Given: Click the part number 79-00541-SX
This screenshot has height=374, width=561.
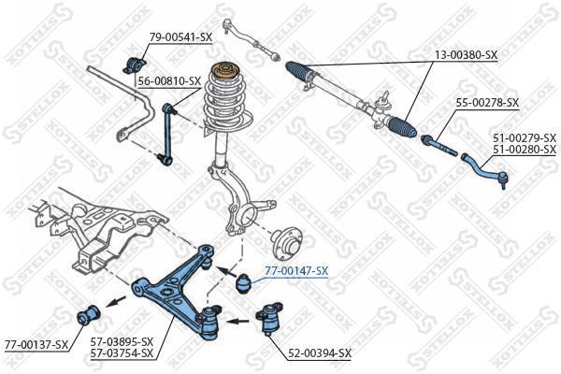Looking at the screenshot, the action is tap(181, 36).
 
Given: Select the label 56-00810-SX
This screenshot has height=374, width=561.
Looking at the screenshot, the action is tap(169, 81).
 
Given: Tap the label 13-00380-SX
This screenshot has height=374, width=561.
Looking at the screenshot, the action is tap(466, 55).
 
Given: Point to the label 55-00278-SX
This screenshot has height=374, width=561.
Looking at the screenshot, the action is tap(487, 103).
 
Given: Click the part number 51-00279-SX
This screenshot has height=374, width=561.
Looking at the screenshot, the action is tap(525, 137).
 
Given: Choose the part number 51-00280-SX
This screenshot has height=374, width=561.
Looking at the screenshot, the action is tap(525, 149).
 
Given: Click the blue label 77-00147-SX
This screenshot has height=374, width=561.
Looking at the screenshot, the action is tap(296, 271).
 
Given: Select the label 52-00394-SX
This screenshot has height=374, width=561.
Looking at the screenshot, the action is tap(320, 353).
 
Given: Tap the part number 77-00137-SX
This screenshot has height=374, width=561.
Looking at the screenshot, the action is tap(36, 345).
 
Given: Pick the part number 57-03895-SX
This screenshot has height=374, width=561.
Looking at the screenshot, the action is tap(122, 341).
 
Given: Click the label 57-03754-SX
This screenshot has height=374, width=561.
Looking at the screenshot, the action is tap(122, 353).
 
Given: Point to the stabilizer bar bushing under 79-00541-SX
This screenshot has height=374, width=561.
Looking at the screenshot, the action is tap(135, 65).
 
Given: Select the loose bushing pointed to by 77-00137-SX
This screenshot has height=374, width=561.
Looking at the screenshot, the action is tap(89, 314).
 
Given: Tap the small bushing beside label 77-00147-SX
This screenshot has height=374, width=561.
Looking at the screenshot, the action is tap(244, 283).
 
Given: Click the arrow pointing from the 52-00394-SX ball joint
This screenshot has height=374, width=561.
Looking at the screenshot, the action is tap(237, 321).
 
